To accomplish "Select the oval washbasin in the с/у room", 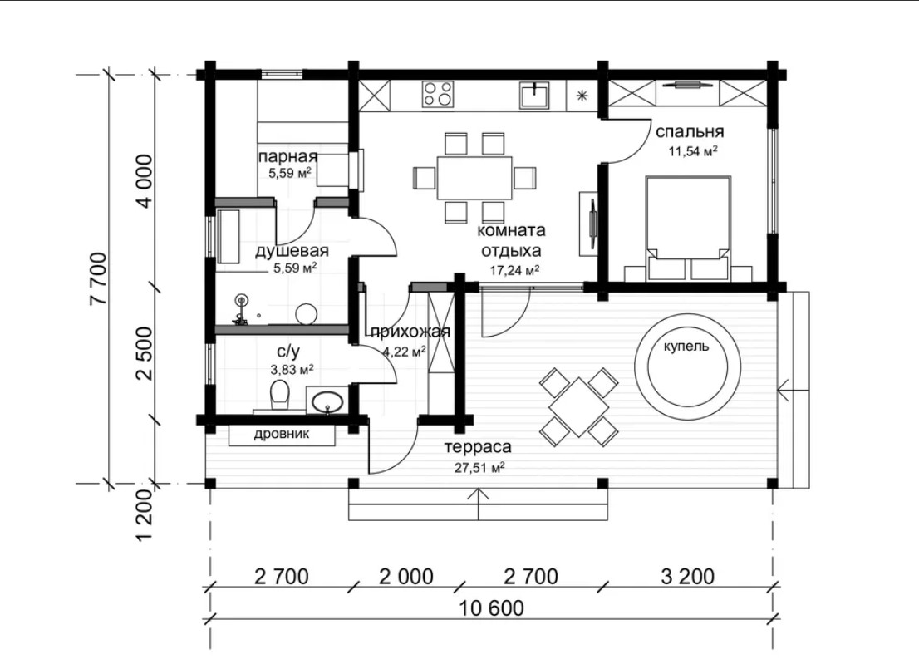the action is click(x=327, y=403).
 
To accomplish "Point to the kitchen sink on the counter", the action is click(x=534, y=95).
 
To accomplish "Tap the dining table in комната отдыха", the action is click(x=474, y=178).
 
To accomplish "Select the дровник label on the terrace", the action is click(x=282, y=435).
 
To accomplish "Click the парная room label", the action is click(x=287, y=156).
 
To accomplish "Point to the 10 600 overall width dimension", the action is click(x=491, y=608).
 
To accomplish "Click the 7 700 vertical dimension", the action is click(x=98, y=278).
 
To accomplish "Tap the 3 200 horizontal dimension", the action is click(x=687, y=577).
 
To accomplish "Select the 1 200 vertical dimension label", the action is click(x=145, y=514).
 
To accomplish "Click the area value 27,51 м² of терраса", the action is click(x=480, y=467).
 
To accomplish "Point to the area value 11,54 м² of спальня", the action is click(x=693, y=151).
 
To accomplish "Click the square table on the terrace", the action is click(x=578, y=407).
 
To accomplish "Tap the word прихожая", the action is click(x=410, y=332).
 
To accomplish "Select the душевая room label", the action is click(x=292, y=252).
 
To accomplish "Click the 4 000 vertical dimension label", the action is click(x=145, y=180).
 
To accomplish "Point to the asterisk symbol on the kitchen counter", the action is click(x=582, y=96).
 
